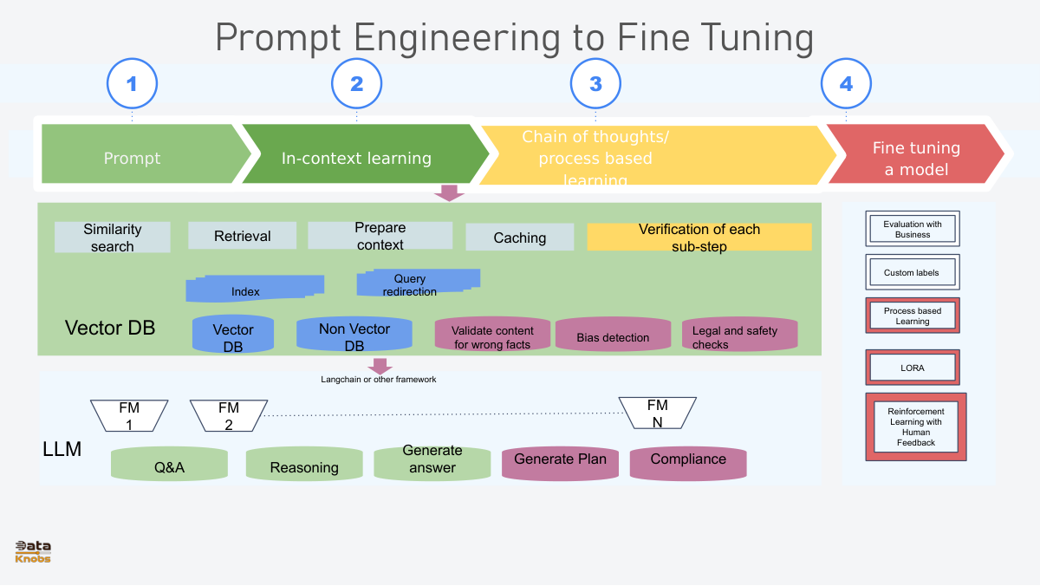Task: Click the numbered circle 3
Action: (x=595, y=84)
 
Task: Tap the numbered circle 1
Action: (x=132, y=84)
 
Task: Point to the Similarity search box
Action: (x=113, y=238)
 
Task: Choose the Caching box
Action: (x=520, y=238)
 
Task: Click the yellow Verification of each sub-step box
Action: (x=699, y=238)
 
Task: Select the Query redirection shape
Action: (x=417, y=283)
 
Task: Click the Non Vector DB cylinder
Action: (x=354, y=335)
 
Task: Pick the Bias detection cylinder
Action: (x=613, y=335)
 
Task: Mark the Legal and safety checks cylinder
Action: (x=739, y=335)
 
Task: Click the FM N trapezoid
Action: (x=657, y=413)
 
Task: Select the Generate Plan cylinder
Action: (x=561, y=462)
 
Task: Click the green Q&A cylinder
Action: (x=169, y=466)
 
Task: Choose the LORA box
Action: (x=913, y=368)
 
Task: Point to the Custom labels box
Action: (x=913, y=272)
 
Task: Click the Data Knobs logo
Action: (x=33, y=552)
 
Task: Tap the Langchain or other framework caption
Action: (x=379, y=380)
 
